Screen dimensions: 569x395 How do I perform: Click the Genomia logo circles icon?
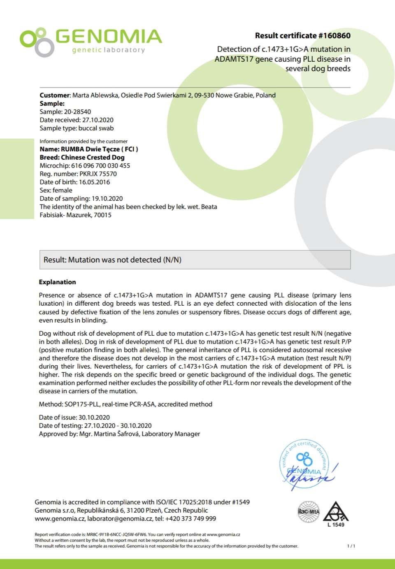[x=37, y=42]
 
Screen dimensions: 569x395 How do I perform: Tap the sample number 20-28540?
[x=77, y=111]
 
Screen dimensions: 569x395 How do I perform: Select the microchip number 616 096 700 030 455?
[x=100, y=165]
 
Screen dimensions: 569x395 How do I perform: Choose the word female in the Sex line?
[x=63, y=190]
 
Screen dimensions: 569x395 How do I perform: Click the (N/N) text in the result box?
[x=172, y=260]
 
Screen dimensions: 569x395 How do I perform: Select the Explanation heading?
[x=57, y=282]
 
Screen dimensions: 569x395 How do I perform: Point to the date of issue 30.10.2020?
[x=94, y=417]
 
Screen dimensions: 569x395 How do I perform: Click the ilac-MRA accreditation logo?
[x=309, y=512]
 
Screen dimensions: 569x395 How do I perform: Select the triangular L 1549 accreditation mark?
[x=336, y=513]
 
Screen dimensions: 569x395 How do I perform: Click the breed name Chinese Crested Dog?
[x=93, y=157]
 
